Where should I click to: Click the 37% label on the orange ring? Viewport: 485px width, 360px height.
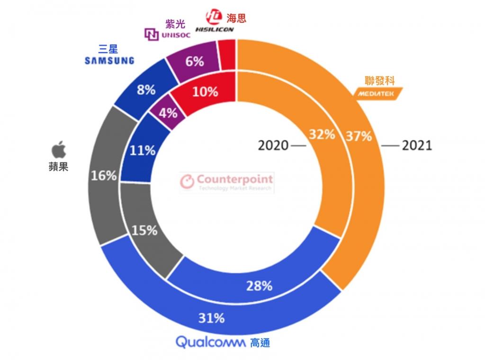coord(359,136)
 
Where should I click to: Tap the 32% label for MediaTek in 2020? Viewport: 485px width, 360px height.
coord(322,134)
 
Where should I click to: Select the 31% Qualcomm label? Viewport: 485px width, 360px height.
coord(211,318)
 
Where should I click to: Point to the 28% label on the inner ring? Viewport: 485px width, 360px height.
coord(259,286)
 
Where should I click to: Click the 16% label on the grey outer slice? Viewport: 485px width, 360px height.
coord(104,176)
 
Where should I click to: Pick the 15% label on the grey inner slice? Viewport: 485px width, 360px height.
coord(144,230)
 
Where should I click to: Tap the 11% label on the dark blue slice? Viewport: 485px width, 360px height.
coord(142,151)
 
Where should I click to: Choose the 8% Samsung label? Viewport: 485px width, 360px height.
coord(146,90)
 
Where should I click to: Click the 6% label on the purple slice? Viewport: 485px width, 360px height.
coord(195,62)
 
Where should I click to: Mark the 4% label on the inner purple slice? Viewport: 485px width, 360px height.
coord(168,113)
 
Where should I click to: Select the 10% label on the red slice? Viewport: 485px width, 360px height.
coord(205,92)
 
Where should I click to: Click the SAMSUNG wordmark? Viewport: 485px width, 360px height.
coord(109,61)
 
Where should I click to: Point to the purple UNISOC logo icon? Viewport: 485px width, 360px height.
coord(152,34)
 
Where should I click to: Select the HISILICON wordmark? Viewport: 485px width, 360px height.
coord(215,29)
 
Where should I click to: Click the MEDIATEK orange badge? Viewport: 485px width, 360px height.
coord(378,93)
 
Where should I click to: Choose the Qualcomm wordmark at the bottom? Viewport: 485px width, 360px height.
coord(210,342)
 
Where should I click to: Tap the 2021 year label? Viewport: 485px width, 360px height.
coord(417,145)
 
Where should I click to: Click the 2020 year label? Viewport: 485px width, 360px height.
coord(273,145)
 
